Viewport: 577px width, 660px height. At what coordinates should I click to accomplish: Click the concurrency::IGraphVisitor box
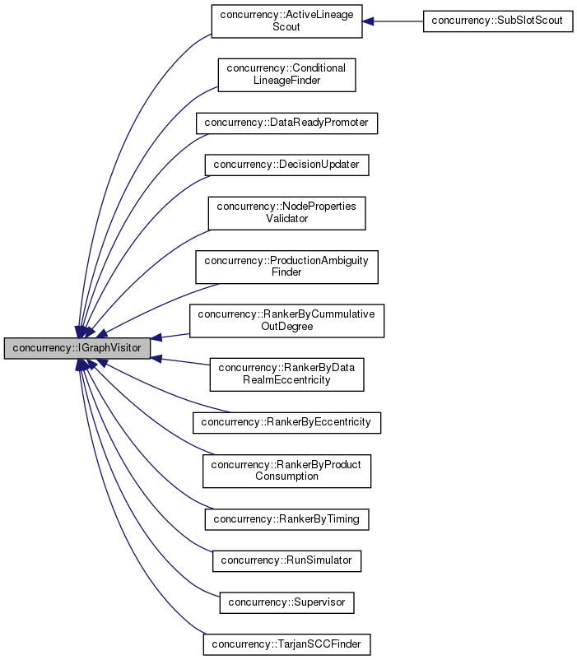click(77, 349)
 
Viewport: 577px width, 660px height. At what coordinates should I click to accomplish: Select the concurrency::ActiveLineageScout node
click(286, 21)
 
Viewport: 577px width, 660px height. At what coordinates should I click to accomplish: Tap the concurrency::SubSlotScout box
click(497, 21)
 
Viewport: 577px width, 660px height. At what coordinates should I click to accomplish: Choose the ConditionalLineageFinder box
click(286, 75)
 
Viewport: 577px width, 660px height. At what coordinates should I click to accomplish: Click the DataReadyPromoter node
click(286, 123)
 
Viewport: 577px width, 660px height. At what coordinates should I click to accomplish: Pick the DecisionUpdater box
click(286, 164)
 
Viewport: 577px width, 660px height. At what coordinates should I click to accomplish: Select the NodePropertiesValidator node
click(286, 212)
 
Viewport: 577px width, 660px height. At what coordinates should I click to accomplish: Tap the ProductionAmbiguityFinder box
click(286, 266)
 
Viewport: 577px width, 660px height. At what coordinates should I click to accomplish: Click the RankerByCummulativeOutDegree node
click(286, 319)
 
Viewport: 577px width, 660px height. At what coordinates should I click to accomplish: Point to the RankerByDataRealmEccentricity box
click(286, 374)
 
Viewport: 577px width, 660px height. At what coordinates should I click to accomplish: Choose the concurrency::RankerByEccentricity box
click(286, 422)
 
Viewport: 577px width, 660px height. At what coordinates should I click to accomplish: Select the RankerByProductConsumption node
click(286, 470)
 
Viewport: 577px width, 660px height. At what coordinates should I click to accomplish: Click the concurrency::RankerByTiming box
click(286, 519)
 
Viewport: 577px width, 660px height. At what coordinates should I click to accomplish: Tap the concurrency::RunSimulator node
click(286, 560)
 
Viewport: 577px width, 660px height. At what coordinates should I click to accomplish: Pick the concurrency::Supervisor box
click(286, 602)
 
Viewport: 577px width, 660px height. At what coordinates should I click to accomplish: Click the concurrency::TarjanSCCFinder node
click(286, 643)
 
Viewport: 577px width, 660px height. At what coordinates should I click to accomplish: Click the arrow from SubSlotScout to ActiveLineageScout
click(393, 21)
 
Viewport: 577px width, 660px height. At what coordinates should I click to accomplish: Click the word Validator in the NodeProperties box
click(286, 219)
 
